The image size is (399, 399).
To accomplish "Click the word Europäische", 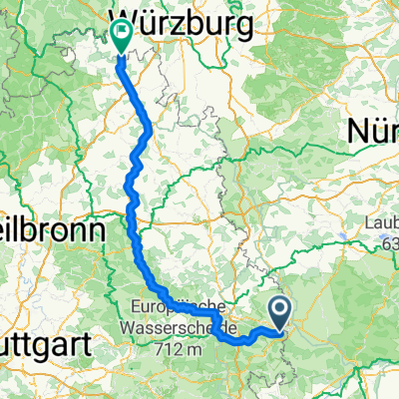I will (179, 306).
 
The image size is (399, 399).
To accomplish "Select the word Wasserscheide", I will (177, 326).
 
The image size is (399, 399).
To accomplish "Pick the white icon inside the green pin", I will (123, 32).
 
